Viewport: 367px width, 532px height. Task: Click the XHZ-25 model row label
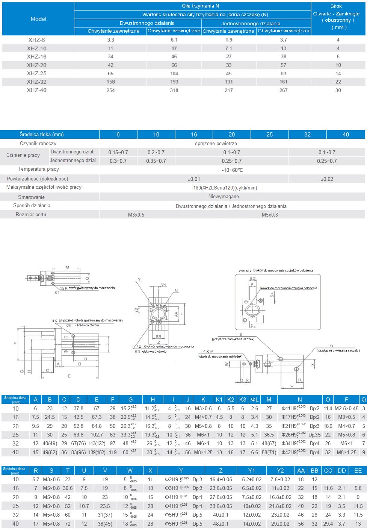pyautogui.click(x=37, y=73)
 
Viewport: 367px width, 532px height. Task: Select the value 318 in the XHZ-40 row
pyautogui.click(x=174, y=90)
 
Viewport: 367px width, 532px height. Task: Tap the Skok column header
pyautogui.click(x=336, y=6)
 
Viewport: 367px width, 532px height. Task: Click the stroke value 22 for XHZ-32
pyautogui.click(x=338, y=82)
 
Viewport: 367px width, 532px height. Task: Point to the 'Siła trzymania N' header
pyautogui.click(x=200, y=6)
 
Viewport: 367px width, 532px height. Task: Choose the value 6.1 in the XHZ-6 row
pyautogui.click(x=174, y=39)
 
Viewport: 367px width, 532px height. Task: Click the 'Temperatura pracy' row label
pyautogui.click(x=38, y=169)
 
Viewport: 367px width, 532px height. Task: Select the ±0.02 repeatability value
pyautogui.click(x=327, y=179)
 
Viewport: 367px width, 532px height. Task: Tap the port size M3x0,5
pyautogui.click(x=136, y=215)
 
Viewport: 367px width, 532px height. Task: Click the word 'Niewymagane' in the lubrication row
pyautogui.click(x=224, y=197)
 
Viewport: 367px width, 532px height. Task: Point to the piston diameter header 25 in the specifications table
pyautogui.click(x=269, y=134)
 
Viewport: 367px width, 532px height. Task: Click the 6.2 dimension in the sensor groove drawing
pyautogui.click(x=252, y=279)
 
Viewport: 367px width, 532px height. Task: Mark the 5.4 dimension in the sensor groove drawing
pyautogui.click(x=272, y=295)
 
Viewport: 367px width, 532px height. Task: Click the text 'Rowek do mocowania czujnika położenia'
pyautogui.click(x=288, y=288)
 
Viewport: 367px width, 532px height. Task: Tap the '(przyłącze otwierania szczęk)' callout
pyautogui.click(x=338, y=350)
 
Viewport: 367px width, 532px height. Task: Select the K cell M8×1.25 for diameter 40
pyautogui.click(x=203, y=452)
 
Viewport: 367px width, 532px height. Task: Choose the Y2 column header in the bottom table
pyautogui.click(x=280, y=470)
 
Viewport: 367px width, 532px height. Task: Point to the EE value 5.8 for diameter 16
pyautogui.click(x=358, y=488)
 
